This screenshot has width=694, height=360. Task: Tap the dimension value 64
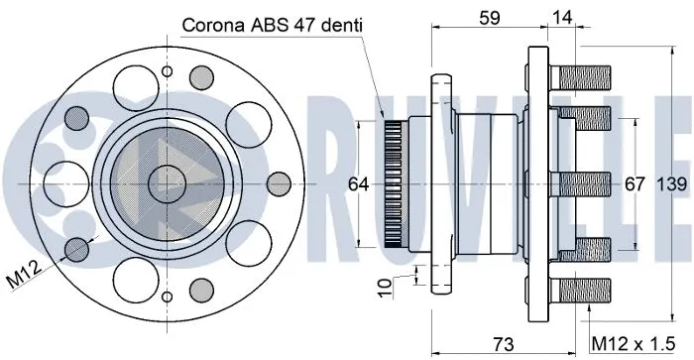[359, 185]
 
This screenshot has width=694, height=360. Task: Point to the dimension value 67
[635, 185]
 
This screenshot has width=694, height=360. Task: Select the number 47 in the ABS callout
[301, 24]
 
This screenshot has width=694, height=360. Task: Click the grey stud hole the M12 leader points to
[76, 247]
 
